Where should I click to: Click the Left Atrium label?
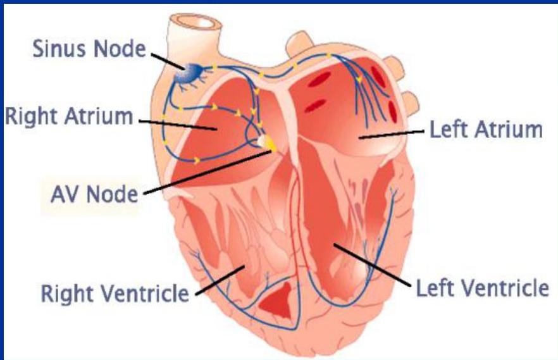click(486, 130)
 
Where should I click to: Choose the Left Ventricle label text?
click(481, 289)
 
